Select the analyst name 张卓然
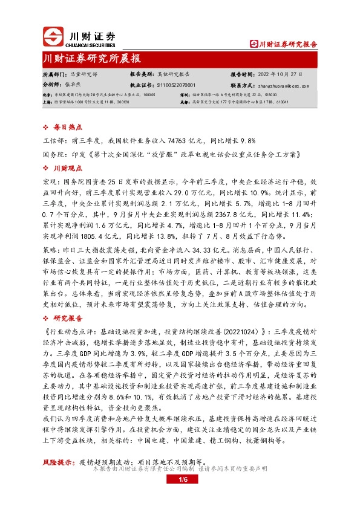point(73,86)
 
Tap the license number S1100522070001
point(176,86)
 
